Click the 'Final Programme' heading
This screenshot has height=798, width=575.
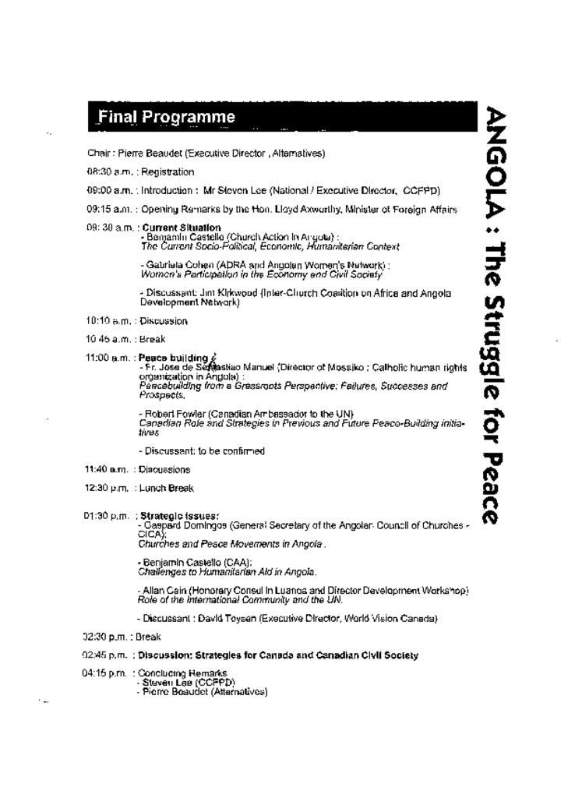(166, 118)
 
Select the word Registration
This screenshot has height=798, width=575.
(168, 172)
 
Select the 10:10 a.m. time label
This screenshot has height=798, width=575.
(108, 321)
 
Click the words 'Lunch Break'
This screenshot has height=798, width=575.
(166, 489)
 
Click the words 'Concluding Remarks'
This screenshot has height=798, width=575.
(183, 673)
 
